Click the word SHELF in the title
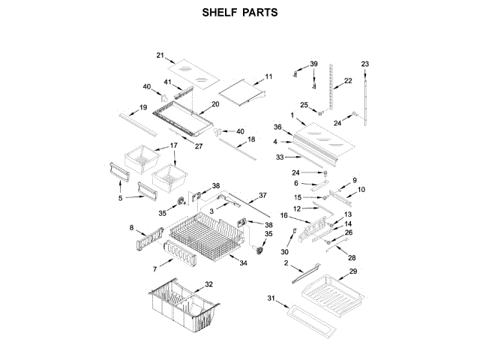[x=220, y=13]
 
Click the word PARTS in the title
[x=259, y=13]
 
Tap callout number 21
[x=160, y=55]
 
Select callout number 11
[x=268, y=77]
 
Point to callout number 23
[x=365, y=64]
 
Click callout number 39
[x=314, y=64]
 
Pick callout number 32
[x=208, y=284]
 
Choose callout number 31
[x=271, y=298]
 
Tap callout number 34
[x=243, y=262]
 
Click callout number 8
[x=132, y=227]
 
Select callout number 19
[x=142, y=108]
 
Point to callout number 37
[x=262, y=195]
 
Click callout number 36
[x=277, y=127]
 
